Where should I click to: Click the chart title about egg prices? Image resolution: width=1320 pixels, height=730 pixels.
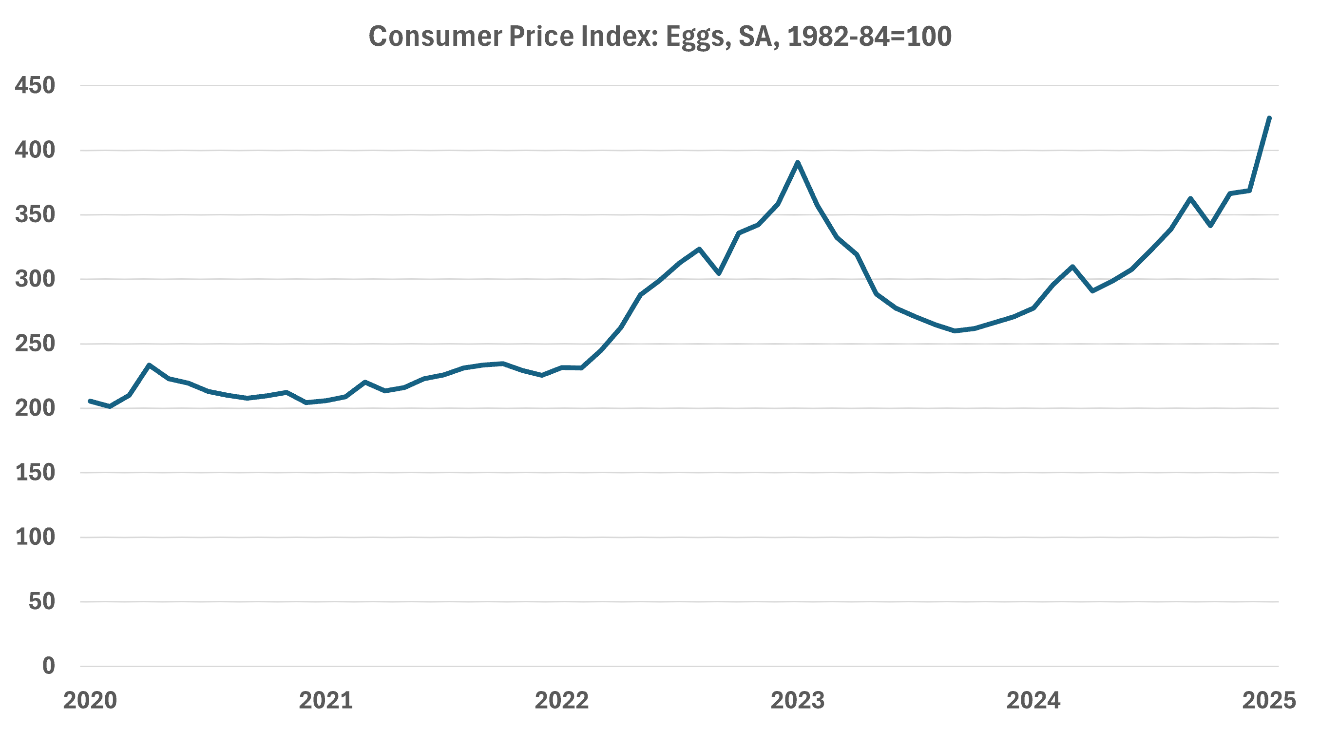pos(659,37)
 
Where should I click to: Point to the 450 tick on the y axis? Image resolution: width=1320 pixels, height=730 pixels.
pos(35,85)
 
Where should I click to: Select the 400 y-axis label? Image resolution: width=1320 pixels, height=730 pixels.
pos(35,150)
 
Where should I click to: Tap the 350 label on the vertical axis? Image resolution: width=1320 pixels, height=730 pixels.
pos(35,214)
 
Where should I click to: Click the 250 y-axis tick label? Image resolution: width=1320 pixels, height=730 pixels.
pos(35,344)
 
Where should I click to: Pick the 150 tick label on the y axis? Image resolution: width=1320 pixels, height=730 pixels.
pos(35,473)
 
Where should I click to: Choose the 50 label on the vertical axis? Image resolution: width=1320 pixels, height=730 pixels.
pos(41,601)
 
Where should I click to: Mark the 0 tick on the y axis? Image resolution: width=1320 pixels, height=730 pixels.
pos(49,666)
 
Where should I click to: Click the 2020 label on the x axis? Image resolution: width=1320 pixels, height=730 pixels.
pos(90,700)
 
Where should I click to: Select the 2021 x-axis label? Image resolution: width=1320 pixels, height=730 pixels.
pos(326,700)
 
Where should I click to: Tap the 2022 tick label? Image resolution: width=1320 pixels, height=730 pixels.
pos(562,700)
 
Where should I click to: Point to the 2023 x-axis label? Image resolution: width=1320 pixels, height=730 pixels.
pos(798,700)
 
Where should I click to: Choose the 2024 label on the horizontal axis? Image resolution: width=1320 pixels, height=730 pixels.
pos(1033,700)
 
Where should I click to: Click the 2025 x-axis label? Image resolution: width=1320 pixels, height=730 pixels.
pos(1269,700)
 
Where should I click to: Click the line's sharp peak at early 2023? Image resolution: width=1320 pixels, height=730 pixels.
pos(798,162)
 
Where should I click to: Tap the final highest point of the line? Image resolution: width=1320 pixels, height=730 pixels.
pos(1269,118)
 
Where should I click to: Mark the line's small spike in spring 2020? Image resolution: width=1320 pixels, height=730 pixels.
pos(149,365)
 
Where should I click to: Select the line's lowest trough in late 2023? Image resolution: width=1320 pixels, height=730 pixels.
pos(955,331)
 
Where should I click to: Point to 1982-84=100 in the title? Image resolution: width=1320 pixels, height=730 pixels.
pos(869,37)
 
